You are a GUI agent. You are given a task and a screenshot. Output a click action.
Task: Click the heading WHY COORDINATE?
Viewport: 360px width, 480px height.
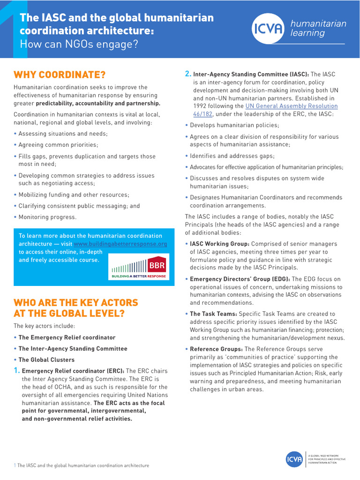[60, 75]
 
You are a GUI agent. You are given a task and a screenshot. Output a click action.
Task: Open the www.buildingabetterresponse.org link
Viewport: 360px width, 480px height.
[120, 244]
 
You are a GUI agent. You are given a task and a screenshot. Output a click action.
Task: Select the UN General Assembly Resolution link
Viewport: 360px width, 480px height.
[291, 106]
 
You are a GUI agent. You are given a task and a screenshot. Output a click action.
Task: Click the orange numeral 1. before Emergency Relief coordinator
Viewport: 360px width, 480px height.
[17, 371]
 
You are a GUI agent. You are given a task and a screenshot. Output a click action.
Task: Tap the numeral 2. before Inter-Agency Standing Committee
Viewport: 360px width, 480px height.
[188, 74]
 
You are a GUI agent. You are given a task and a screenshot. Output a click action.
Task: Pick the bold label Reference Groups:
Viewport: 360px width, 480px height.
[216, 349]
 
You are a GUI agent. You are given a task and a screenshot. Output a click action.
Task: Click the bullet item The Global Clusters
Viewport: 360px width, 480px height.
[46, 360]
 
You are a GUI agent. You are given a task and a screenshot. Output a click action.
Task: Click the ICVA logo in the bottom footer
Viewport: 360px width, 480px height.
[294, 459]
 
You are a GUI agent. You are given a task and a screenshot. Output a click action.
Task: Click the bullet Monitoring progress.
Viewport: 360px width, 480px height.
[47, 217]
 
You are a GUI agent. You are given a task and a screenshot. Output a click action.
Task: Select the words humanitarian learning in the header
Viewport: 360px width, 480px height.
[318, 28]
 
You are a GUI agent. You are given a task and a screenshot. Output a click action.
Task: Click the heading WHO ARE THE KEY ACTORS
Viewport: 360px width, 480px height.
[75, 302]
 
